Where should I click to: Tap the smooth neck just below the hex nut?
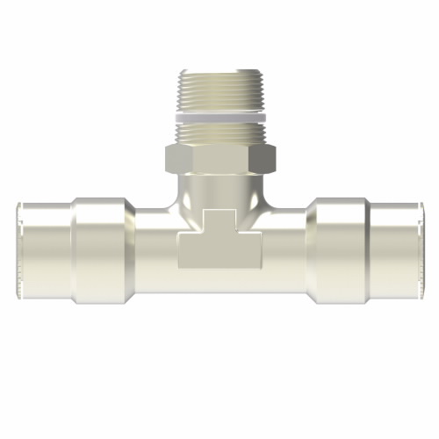pos(220,189)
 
